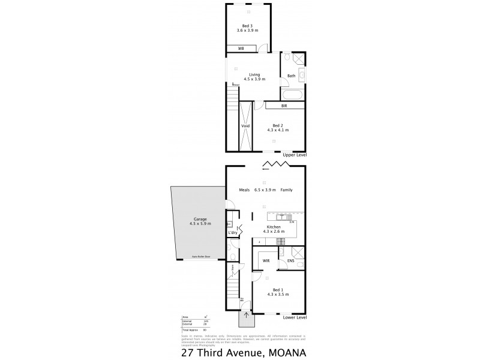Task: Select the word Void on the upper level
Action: [x=245, y=127]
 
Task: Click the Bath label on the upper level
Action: [x=291, y=76]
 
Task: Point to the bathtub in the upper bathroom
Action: [x=292, y=95]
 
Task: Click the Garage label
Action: [x=193, y=220]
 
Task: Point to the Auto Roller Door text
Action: [x=200, y=256]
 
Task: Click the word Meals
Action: [x=244, y=190]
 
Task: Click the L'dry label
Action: [x=232, y=232]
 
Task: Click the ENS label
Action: [x=290, y=261]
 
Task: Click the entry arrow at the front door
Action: [x=245, y=314]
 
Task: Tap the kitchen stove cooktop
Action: [x=279, y=241]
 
